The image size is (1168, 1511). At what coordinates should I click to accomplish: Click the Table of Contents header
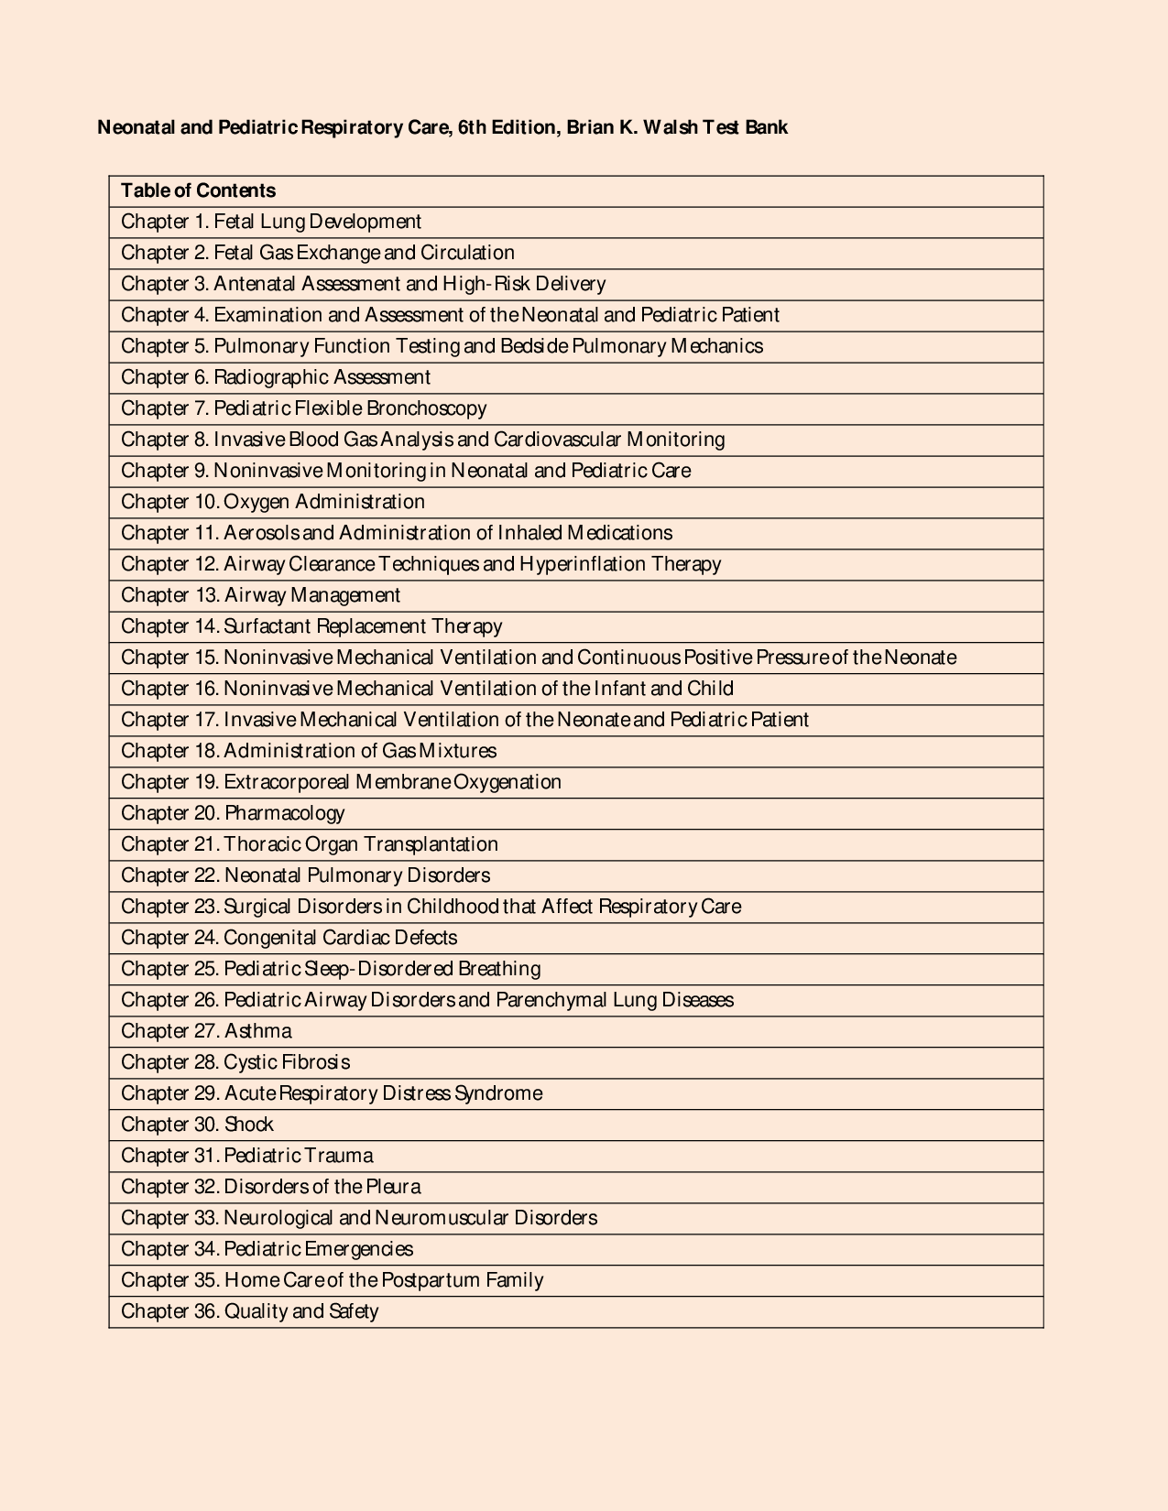click(198, 190)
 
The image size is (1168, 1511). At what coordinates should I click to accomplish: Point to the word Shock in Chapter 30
click(248, 1125)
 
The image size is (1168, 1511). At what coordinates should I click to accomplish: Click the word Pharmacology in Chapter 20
click(284, 813)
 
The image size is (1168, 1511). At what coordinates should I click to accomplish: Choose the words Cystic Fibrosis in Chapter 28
click(287, 1062)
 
